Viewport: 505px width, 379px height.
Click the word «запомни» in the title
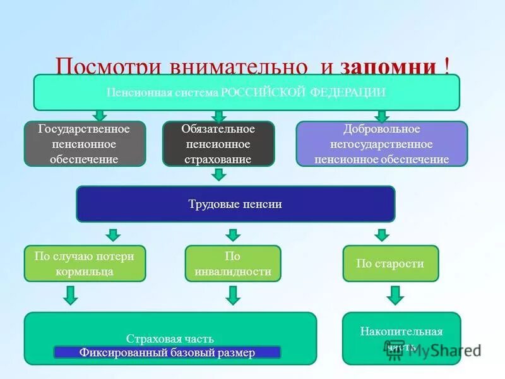[x=388, y=67]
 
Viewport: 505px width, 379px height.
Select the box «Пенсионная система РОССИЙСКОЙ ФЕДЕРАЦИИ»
[x=246, y=92]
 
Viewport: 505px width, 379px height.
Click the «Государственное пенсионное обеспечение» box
[x=85, y=144]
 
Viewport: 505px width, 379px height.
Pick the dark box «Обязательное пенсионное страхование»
[x=218, y=144]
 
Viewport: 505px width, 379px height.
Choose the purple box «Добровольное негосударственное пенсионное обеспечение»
[x=382, y=144]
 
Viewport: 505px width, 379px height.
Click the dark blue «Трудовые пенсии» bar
[x=235, y=204]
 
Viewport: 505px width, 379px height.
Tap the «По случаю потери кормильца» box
[x=85, y=263]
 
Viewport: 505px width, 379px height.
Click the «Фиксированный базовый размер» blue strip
[x=167, y=352]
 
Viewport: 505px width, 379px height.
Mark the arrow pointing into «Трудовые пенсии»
[x=218, y=174]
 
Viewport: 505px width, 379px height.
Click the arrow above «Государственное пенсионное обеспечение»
[x=100, y=116]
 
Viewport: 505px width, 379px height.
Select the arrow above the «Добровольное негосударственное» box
[x=381, y=116]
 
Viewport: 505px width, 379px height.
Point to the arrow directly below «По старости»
[x=395, y=295]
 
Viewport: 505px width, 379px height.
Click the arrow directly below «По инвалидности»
[x=233, y=295]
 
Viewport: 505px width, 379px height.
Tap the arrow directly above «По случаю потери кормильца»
[x=112, y=235]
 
